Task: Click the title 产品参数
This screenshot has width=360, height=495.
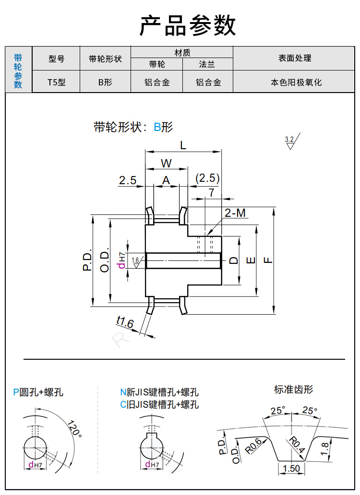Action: [x=188, y=25]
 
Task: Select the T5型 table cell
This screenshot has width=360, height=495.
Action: [x=56, y=82]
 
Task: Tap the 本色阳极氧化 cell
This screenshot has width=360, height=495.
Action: [x=296, y=82]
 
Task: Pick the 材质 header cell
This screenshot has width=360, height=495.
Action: [x=182, y=52]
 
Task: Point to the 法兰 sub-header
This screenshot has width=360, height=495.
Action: [x=208, y=64]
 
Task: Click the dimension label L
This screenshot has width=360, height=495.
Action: [x=183, y=144]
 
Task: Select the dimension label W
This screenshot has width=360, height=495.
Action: [x=166, y=163]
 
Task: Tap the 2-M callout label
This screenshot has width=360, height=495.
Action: [x=235, y=212]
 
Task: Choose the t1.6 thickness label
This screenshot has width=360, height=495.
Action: [x=124, y=321]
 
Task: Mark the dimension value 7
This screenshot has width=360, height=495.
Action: [x=211, y=192]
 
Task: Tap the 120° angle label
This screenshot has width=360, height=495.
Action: [x=74, y=428]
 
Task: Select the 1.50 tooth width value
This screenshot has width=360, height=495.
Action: [x=291, y=468]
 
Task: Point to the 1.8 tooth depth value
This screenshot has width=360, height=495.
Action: [x=324, y=449]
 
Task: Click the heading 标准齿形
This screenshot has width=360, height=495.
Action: [x=293, y=389]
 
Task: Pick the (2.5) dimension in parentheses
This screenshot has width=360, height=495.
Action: [x=207, y=178]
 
